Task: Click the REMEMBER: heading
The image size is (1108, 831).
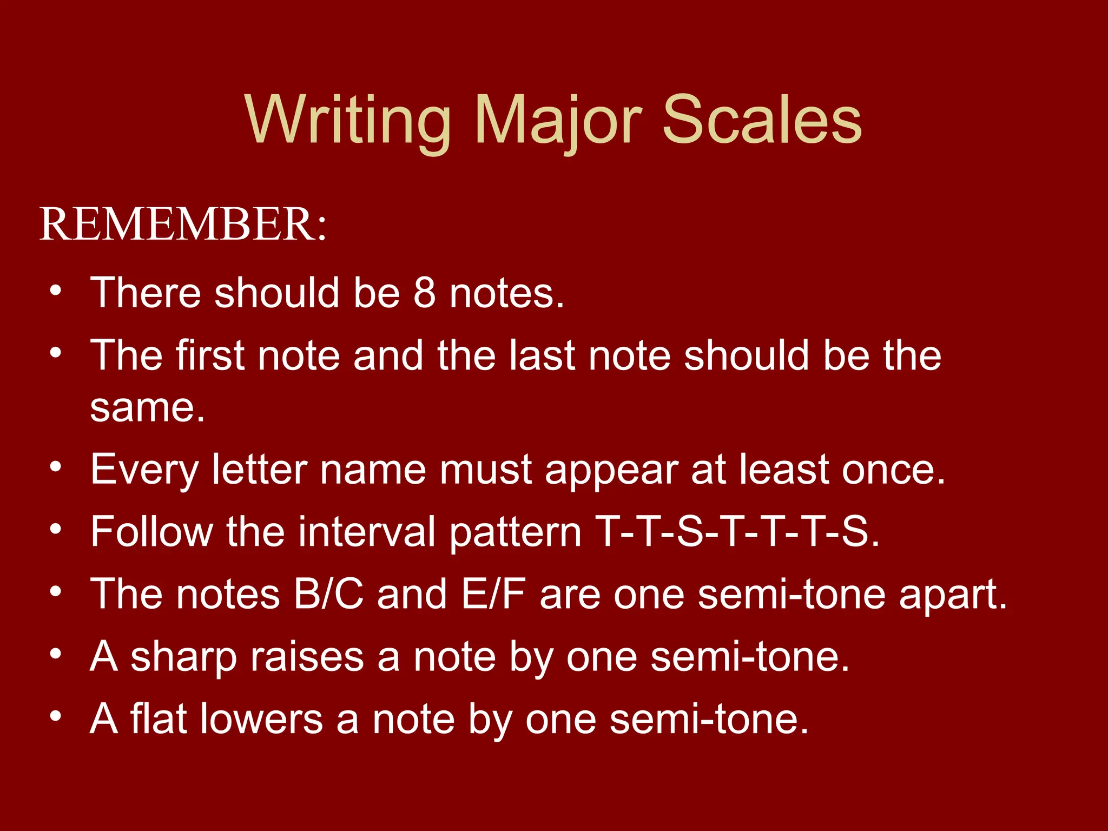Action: click(x=183, y=224)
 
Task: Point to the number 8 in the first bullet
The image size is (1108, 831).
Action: click(x=425, y=293)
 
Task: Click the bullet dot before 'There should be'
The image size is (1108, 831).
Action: click(x=55, y=291)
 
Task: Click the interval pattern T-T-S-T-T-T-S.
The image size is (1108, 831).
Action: click(x=737, y=532)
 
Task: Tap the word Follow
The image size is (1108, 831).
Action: click(x=152, y=532)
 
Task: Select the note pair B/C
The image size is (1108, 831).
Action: click(x=328, y=594)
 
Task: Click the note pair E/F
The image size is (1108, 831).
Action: click(x=493, y=594)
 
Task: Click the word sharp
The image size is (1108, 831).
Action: click(x=183, y=657)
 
